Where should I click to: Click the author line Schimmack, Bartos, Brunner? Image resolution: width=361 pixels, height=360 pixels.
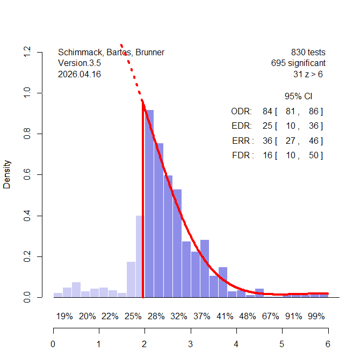pos(111,53)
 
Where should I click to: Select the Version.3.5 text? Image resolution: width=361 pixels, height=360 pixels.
pos(80,63)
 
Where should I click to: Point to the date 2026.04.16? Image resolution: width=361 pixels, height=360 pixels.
pos(79,75)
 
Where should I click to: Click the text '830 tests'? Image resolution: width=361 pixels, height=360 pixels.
pos(308,53)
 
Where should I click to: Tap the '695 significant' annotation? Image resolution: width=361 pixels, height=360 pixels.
pos(298,63)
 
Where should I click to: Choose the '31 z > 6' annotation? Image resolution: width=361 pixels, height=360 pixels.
pos(308,75)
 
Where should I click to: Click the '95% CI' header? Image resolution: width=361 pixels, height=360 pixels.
pos(298,97)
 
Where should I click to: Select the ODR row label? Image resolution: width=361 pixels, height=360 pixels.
pos(241,112)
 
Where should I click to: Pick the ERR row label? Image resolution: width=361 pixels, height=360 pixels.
pos(241,141)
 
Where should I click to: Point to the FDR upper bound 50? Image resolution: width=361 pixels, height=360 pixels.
pos(314,156)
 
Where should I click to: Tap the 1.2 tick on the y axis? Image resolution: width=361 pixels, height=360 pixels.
pos(27,52)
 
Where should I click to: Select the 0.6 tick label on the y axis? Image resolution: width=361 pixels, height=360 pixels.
pos(27,174)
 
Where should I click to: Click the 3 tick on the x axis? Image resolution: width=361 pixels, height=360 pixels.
pos(190,344)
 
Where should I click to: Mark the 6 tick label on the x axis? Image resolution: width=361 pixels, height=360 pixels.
pos(328,344)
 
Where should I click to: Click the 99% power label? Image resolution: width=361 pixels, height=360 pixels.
pos(316,317)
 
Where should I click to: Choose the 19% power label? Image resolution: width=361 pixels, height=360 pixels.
pos(64,317)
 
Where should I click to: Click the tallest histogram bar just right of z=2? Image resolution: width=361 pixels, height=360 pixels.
pos(149,204)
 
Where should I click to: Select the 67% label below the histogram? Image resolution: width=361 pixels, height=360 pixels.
pos(271,317)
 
